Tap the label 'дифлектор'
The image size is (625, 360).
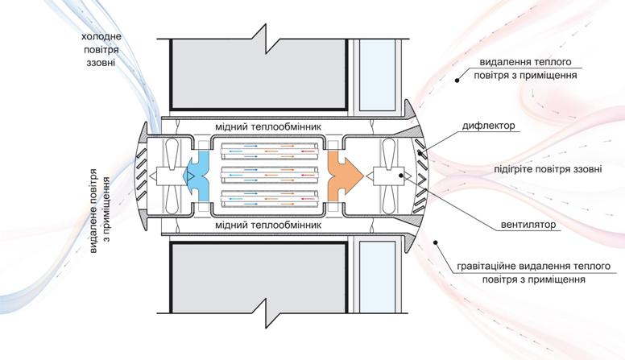(489, 126)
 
